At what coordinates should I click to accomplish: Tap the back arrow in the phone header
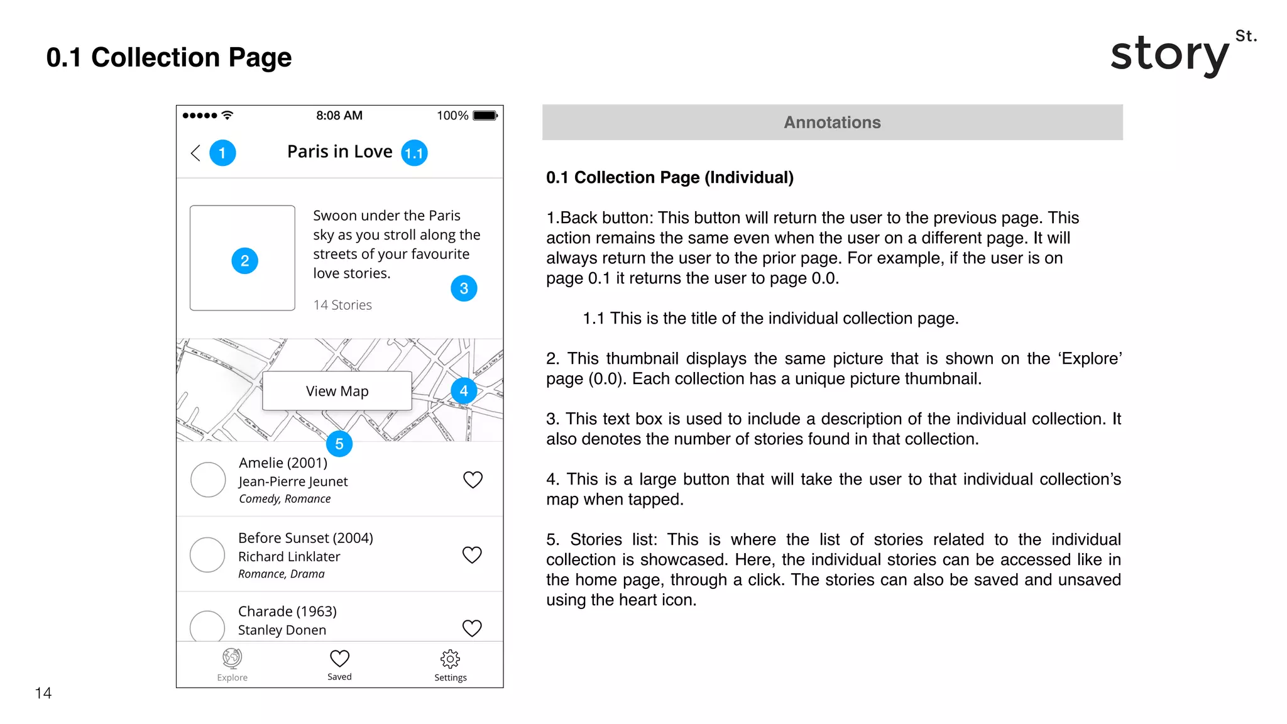[x=195, y=153]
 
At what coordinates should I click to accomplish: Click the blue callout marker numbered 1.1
[x=414, y=153]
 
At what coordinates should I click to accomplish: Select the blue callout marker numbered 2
[x=244, y=261]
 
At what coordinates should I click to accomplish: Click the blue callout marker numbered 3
[x=464, y=288]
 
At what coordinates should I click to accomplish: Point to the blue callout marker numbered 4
[x=464, y=391]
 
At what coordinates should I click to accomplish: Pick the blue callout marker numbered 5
[x=339, y=444]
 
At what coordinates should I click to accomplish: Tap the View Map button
[x=337, y=391]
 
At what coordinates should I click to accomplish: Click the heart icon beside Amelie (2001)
[x=473, y=480]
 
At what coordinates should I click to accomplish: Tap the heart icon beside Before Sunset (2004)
[x=472, y=555]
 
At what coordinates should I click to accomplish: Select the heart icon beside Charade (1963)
[x=472, y=628]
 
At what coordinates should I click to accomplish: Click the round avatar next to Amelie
[x=208, y=480]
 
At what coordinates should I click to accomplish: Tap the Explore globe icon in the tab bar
[x=232, y=658]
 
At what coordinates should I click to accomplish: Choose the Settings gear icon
[x=450, y=659]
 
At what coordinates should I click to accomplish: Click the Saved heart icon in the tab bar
[x=339, y=658]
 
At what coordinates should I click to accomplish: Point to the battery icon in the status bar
[x=485, y=116]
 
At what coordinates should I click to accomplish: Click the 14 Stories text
[x=342, y=305]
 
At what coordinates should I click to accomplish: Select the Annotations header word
[x=832, y=123]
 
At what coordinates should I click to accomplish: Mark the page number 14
[x=43, y=693]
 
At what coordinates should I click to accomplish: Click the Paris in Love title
[x=339, y=151]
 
